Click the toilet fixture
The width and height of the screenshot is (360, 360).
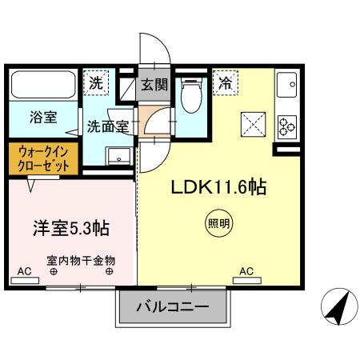coord(190,95)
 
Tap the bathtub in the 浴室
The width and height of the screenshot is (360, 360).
coord(43,84)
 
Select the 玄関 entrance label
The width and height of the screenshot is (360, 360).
coord(154,85)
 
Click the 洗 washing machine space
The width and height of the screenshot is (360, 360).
coord(96,83)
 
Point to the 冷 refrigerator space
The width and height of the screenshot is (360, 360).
coord(226,83)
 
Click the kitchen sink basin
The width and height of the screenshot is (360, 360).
coord(286,85)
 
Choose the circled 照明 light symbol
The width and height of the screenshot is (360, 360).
coord(218,223)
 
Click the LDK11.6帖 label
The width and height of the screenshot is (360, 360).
coord(218,187)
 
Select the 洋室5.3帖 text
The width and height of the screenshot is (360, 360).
coord(71,228)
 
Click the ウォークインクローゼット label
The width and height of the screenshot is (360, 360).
coord(43,159)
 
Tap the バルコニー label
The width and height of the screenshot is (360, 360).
coord(173,307)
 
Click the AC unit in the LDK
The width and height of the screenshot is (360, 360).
coord(247,281)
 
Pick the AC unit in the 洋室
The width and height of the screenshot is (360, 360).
coord(25,281)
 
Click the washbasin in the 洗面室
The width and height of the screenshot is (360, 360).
coord(118,156)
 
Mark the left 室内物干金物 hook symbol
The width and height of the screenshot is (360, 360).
coord(54,272)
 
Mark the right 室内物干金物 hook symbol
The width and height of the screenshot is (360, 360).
coord(109,272)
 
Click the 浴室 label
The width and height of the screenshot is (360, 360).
coord(43,118)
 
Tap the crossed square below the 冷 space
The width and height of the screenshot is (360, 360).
coord(254,125)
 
